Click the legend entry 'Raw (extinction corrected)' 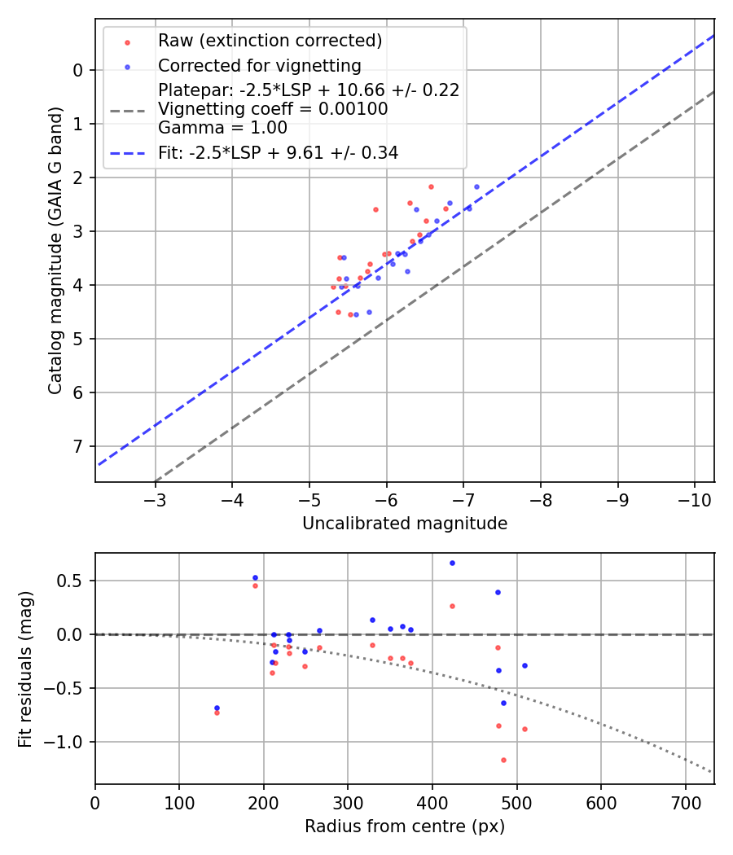[x=270, y=41]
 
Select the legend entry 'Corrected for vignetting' [x=259, y=65]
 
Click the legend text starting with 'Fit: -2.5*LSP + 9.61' [x=278, y=152]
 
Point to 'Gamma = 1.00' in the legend [x=222, y=127]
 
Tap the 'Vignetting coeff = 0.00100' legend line [x=273, y=109]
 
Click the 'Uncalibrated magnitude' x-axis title [x=405, y=524]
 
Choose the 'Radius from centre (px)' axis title [x=405, y=826]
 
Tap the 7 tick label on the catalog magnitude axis [x=78, y=446]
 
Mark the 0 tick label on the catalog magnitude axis [x=78, y=70]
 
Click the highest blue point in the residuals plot [x=452, y=563]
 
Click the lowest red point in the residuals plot [x=503, y=760]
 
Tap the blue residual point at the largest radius [x=525, y=665]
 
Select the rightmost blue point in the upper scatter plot [x=476, y=186]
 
